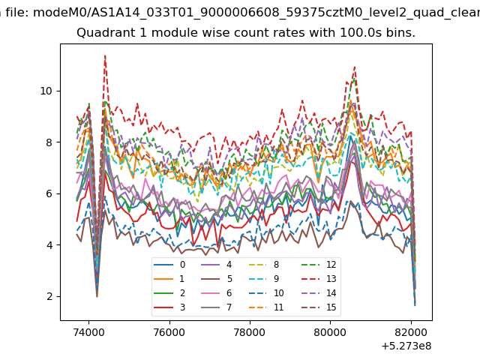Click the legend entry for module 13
(319, 279)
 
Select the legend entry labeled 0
(169, 265)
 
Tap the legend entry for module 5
(217, 279)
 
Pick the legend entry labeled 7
(217, 307)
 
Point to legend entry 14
(319, 293)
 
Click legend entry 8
(264, 265)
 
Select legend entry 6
(217, 293)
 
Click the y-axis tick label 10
(46, 91)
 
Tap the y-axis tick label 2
(49, 296)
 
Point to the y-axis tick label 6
(49, 193)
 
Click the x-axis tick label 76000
(169, 332)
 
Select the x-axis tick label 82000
(411, 332)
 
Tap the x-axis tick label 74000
(88, 332)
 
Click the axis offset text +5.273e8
(406, 346)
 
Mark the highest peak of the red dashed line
(105, 55)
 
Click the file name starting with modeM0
(256, 13)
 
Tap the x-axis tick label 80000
(331, 332)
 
